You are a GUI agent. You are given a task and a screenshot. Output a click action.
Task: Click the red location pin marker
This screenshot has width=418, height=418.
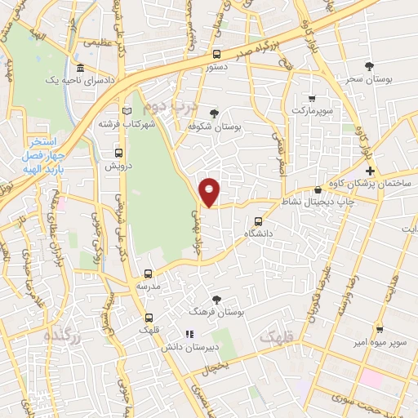(x=211, y=192)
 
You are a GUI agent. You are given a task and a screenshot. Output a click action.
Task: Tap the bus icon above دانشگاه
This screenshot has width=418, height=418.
(x=259, y=221)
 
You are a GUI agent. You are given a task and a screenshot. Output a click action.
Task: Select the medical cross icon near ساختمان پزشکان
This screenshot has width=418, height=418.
(x=370, y=171)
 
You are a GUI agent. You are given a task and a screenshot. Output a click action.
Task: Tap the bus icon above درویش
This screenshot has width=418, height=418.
(x=119, y=152)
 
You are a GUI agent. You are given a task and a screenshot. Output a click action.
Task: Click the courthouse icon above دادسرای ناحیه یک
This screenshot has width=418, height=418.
(x=80, y=69)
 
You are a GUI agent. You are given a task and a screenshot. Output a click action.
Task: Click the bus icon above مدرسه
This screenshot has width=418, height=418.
(x=148, y=274)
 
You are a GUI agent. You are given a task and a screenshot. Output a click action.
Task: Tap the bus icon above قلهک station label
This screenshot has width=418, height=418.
(x=148, y=318)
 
